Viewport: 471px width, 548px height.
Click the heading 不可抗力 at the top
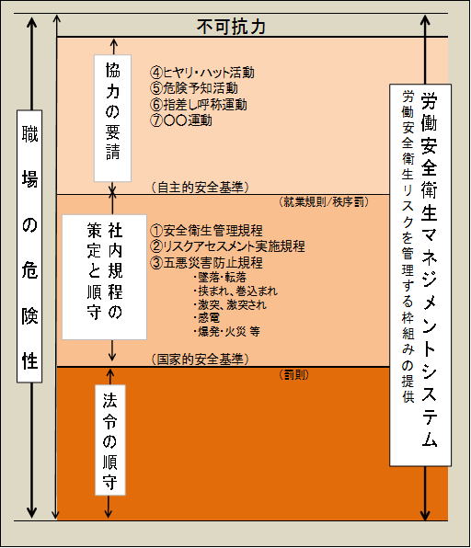tap(231, 27)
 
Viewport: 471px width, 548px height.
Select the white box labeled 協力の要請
tap(112, 118)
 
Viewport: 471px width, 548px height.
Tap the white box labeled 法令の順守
tap(110, 440)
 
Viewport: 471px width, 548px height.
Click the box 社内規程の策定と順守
tap(105, 277)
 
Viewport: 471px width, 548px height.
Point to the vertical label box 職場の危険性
tap(29, 246)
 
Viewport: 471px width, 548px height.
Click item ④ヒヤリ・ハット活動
tap(202, 73)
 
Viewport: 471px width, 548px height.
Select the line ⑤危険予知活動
tap(194, 88)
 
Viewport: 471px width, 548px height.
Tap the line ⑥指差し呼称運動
tap(199, 104)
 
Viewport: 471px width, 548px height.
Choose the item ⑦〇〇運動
tap(181, 120)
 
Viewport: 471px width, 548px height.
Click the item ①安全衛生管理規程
tap(206, 230)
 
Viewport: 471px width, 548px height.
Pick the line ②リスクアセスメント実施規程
tap(227, 246)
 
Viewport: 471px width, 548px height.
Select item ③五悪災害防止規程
tap(206, 262)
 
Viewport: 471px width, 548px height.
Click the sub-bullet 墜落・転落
tap(220, 277)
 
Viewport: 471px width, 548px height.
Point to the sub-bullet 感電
tap(207, 318)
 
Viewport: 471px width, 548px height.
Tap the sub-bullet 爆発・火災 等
tap(226, 331)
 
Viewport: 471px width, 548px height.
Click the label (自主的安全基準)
tap(200, 188)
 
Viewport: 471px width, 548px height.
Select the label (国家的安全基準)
tap(200, 359)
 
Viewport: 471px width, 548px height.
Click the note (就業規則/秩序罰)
tap(324, 202)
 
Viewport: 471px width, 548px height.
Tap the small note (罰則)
tap(294, 375)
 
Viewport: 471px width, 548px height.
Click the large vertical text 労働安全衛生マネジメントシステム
tap(429, 269)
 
